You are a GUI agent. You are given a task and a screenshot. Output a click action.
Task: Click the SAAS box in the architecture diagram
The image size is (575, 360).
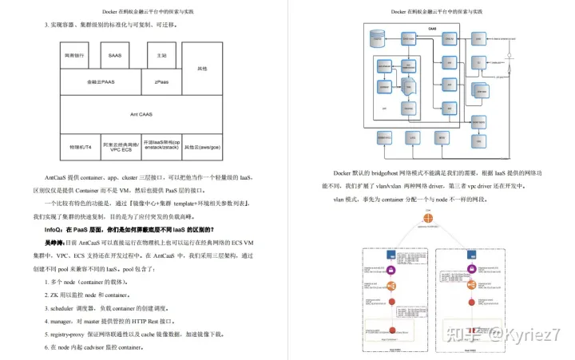(x=114, y=56)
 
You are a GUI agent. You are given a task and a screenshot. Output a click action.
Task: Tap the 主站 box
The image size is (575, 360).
(x=161, y=56)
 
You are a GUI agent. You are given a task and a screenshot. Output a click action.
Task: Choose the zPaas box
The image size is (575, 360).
(x=161, y=81)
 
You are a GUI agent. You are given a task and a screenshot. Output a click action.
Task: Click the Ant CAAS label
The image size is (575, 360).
(x=141, y=114)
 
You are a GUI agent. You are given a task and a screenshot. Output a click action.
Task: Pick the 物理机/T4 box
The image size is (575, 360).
(x=81, y=148)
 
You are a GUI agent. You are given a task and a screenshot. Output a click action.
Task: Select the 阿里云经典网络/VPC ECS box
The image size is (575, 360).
(x=121, y=148)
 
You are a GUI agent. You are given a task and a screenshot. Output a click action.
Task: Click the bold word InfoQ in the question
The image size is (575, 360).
(x=54, y=229)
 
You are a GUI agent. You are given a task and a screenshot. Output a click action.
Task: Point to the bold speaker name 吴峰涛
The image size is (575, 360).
(x=54, y=242)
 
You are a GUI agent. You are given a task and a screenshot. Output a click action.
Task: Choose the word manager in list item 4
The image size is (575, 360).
(x=63, y=319)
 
